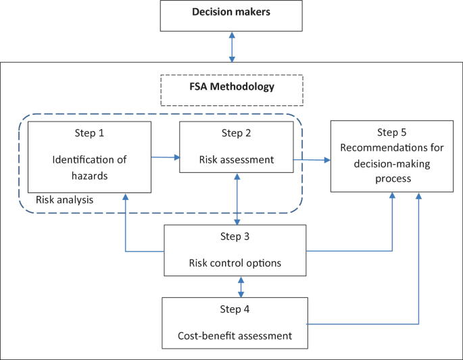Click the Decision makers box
(232, 16)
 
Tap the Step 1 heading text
(89, 133)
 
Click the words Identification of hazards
(89, 167)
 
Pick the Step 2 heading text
(236, 133)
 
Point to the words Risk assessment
(236, 160)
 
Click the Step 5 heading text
(391, 132)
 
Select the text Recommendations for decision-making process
(391, 161)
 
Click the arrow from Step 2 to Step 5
(311, 160)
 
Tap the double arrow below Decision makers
(232, 47)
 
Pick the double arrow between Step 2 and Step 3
(236, 199)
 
